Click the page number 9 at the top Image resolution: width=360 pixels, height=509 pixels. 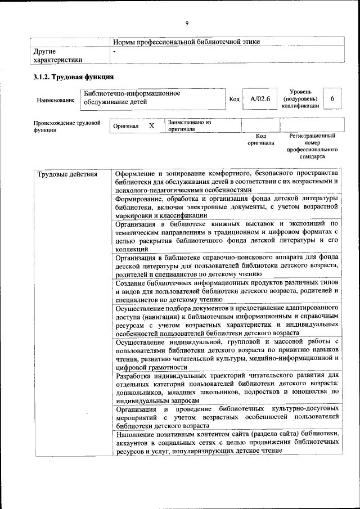tap(186, 22)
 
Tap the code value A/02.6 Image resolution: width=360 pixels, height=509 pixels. tap(260, 99)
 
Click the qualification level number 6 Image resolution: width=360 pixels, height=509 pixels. tap(332, 99)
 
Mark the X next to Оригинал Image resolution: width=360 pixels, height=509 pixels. tap(151, 126)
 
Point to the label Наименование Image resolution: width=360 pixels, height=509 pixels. tap(55, 100)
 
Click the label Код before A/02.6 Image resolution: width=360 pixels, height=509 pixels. tap(235, 100)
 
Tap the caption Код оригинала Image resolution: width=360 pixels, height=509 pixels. tap(260, 139)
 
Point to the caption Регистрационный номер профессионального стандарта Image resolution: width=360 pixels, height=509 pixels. tap(312, 146)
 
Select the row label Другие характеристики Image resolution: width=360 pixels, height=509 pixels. tap(58, 55)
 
